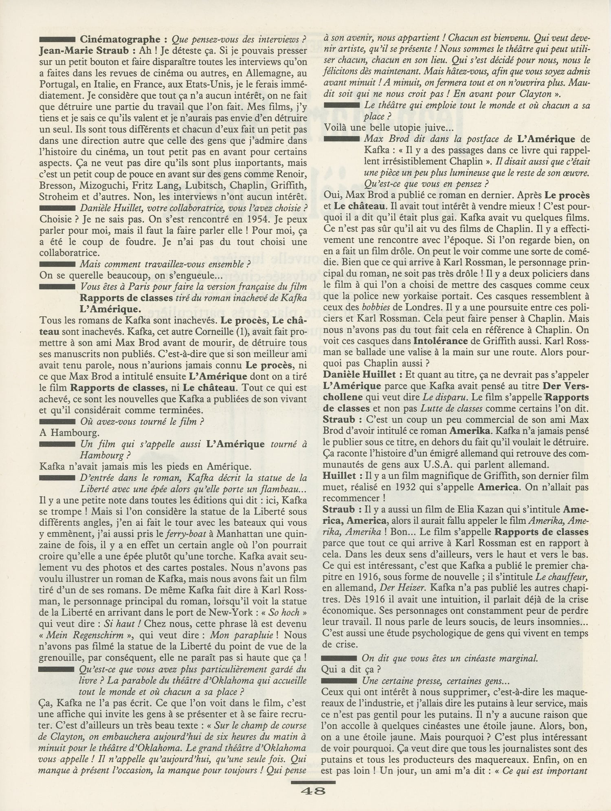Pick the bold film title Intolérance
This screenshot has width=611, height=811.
pos(441,341)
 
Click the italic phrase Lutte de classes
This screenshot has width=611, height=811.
pos(452,408)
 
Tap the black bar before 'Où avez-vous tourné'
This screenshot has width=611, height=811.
pos(57,421)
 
